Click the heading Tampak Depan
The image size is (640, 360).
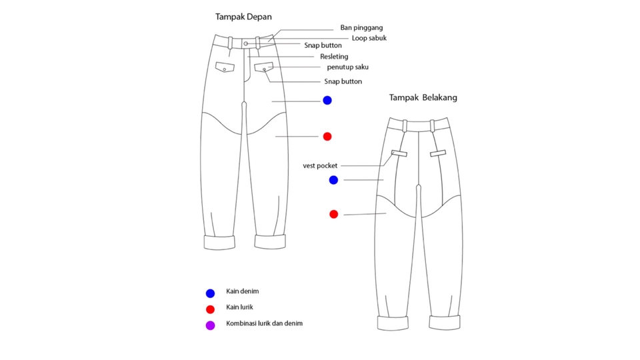tap(243, 17)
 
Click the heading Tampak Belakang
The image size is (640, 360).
tap(423, 97)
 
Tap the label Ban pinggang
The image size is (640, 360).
tap(361, 28)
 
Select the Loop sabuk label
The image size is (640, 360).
tap(369, 38)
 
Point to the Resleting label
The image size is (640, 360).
tap(334, 57)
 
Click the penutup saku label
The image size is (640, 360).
tap(347, 67)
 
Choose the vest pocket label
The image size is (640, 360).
tap(320, 165)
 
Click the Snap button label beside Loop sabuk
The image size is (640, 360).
tap(323, 45)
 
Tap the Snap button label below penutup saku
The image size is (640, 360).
tap(343, 81)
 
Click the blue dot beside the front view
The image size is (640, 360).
tap(327, 100)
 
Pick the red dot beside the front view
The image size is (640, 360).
tap(327, 137)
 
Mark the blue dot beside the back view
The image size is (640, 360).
tap(333, 180)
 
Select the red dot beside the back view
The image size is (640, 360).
tap(333, 214)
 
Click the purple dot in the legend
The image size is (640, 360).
tap(210, 325)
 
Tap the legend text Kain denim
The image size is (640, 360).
tap(242, 291)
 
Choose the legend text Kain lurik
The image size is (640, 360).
tap(239, 307)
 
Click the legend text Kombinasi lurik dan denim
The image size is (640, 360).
tap(264, 323)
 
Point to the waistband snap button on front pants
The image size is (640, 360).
tap(245, 43)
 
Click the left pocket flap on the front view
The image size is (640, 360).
tap(225, 67)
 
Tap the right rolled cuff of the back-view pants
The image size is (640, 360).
tap(445, 323)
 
